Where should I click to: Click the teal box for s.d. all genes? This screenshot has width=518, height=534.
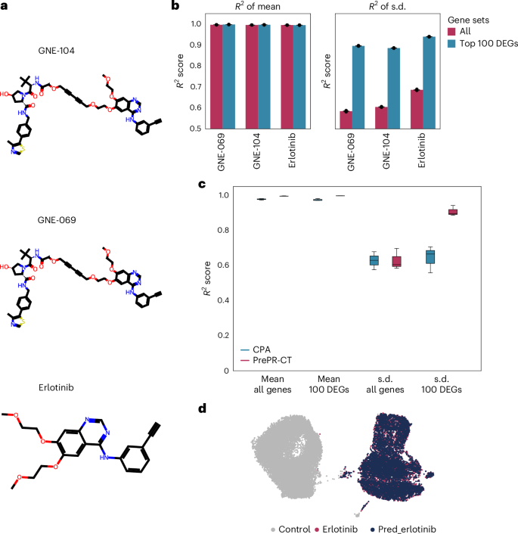click(374, 260)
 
